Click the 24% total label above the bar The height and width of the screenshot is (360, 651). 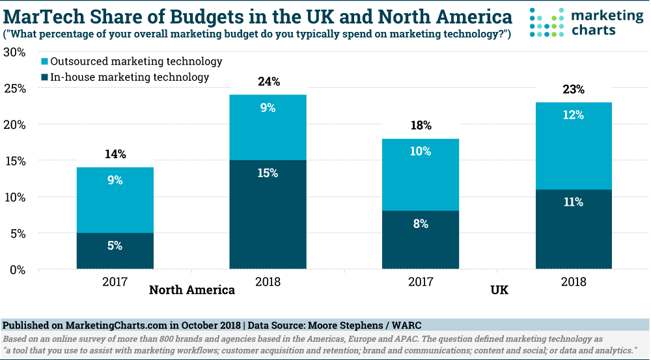tap(268, 82)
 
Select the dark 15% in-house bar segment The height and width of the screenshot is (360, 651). tap(268, 214)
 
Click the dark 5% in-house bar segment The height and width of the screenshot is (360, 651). tap(115, 251)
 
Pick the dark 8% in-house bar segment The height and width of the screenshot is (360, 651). tap(421, 240)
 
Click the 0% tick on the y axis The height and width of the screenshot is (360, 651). tap(16, 270)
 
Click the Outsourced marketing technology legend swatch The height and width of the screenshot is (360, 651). tap(45, 62)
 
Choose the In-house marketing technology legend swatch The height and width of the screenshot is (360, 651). tap(45, 77)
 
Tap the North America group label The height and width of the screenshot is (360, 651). tap(192, 290)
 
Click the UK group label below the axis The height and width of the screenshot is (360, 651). tap(499, 290)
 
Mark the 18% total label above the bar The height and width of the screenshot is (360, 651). tap(421, 126)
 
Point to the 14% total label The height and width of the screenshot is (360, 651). tap(115, 155)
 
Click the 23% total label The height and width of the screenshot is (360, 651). tap(574, 90)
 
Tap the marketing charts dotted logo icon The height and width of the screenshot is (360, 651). tap(545, 22)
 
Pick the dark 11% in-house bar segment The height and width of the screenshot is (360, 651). tap(574, 228)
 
